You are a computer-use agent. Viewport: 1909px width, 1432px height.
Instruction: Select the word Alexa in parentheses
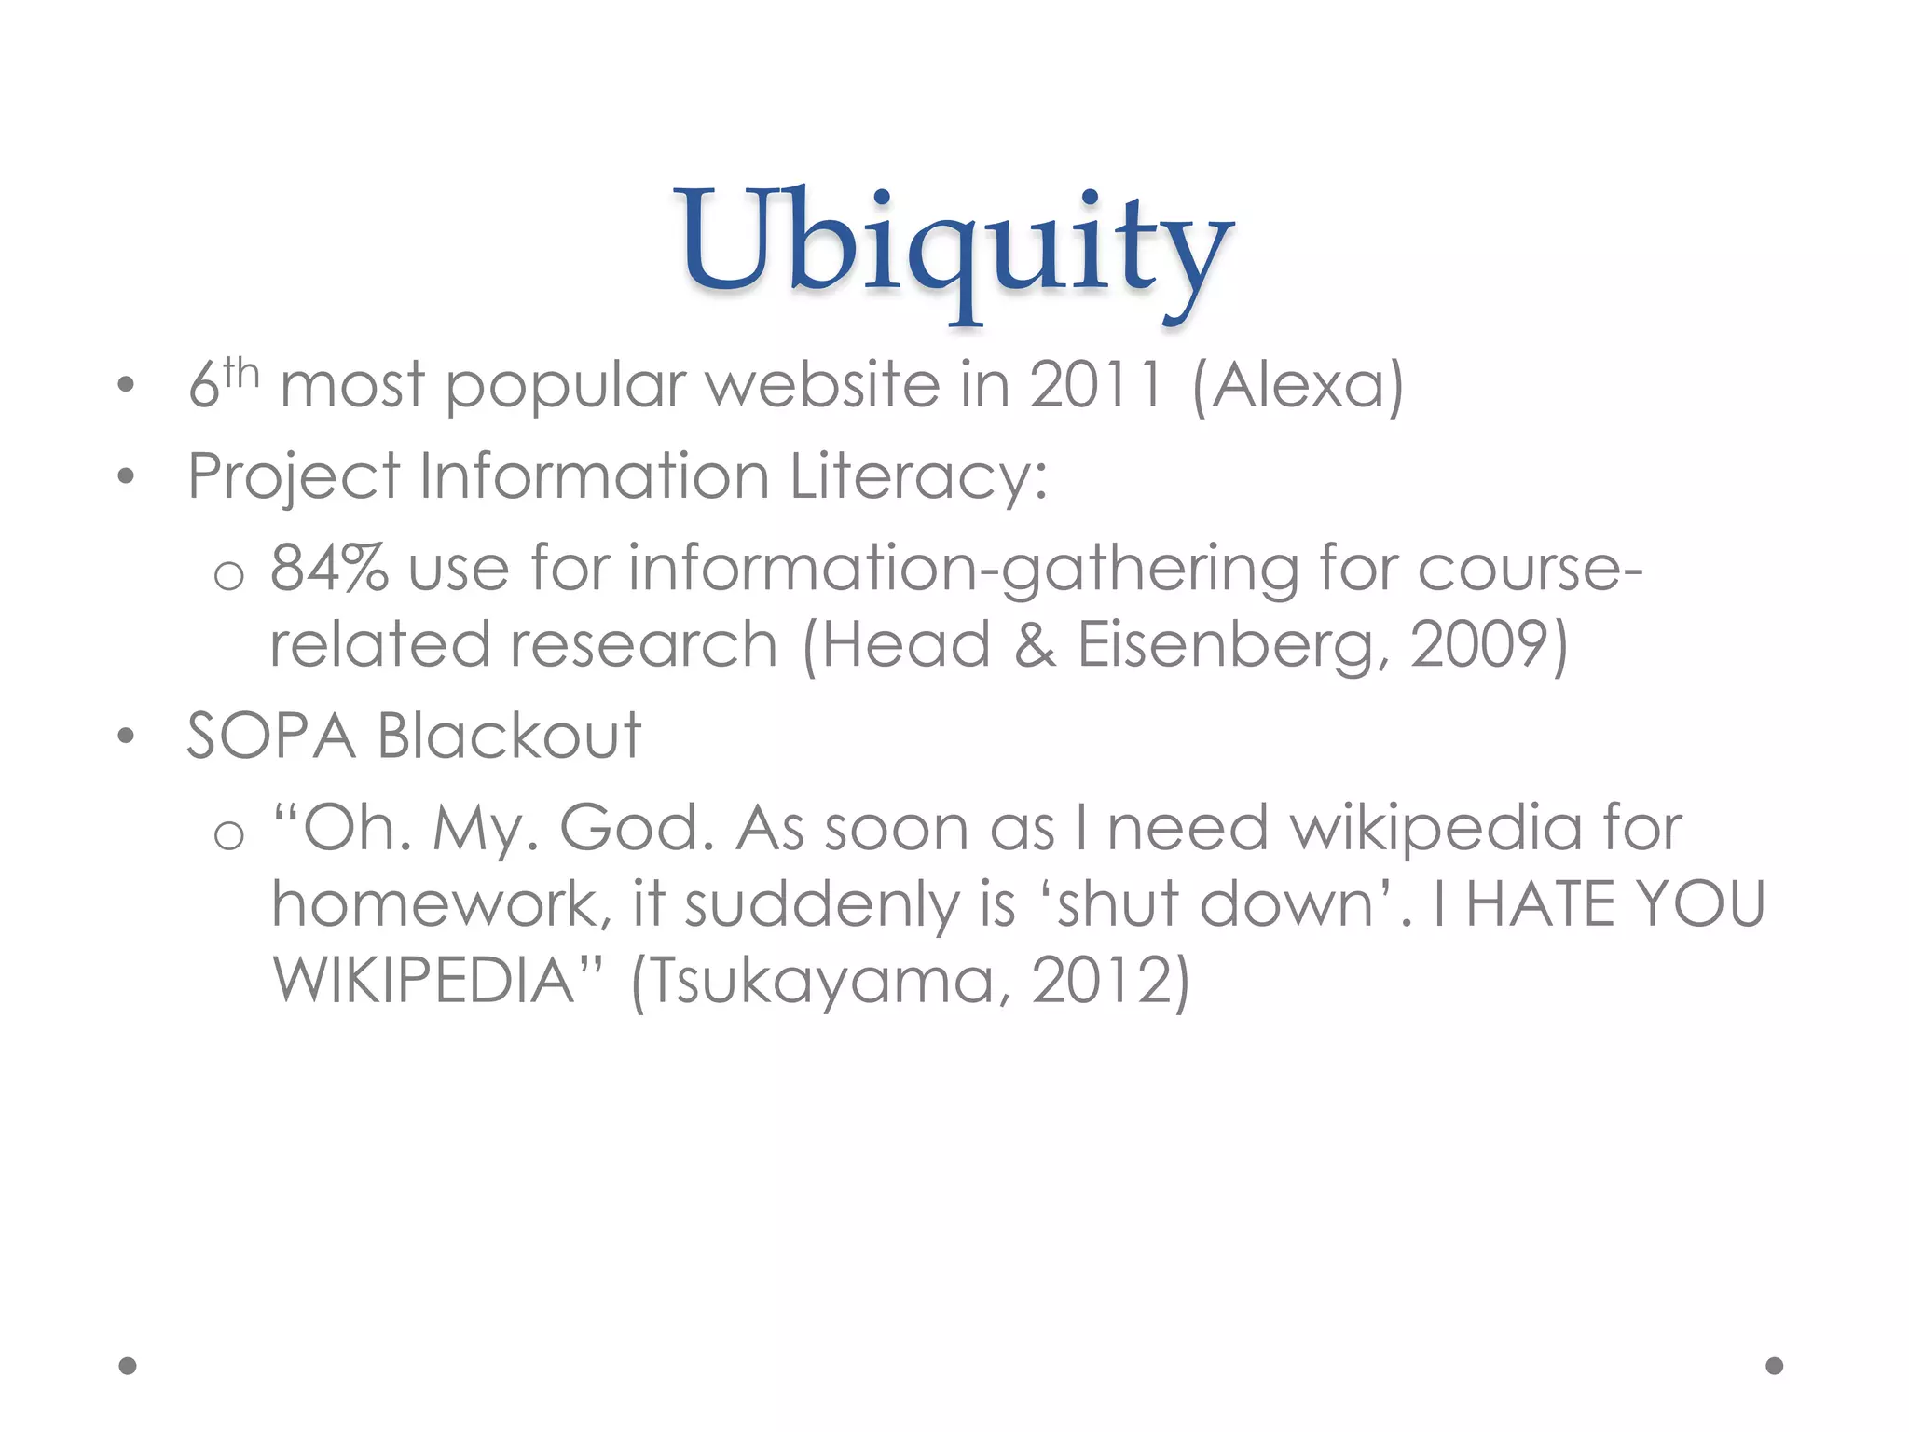tap(1298, 384)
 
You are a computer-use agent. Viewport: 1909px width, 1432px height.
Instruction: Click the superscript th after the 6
tap(240, 373)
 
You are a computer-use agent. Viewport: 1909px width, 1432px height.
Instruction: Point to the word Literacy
tap(918, 476)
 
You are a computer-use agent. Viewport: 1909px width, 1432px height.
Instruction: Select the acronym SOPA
tap(271, 736)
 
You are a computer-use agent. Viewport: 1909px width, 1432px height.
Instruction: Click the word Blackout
tap(509, 736)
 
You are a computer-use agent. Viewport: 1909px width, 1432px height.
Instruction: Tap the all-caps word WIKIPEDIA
tap(425, 980)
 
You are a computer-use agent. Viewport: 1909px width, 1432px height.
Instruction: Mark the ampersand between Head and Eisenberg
tap(1035, 644)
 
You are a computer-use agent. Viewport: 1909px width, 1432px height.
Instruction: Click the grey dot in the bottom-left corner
tap(128, 1366)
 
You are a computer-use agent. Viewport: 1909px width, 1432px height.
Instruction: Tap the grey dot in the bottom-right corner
tap(1775, 1366)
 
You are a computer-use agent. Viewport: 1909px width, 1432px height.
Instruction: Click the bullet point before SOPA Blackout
tap(127, 737)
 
